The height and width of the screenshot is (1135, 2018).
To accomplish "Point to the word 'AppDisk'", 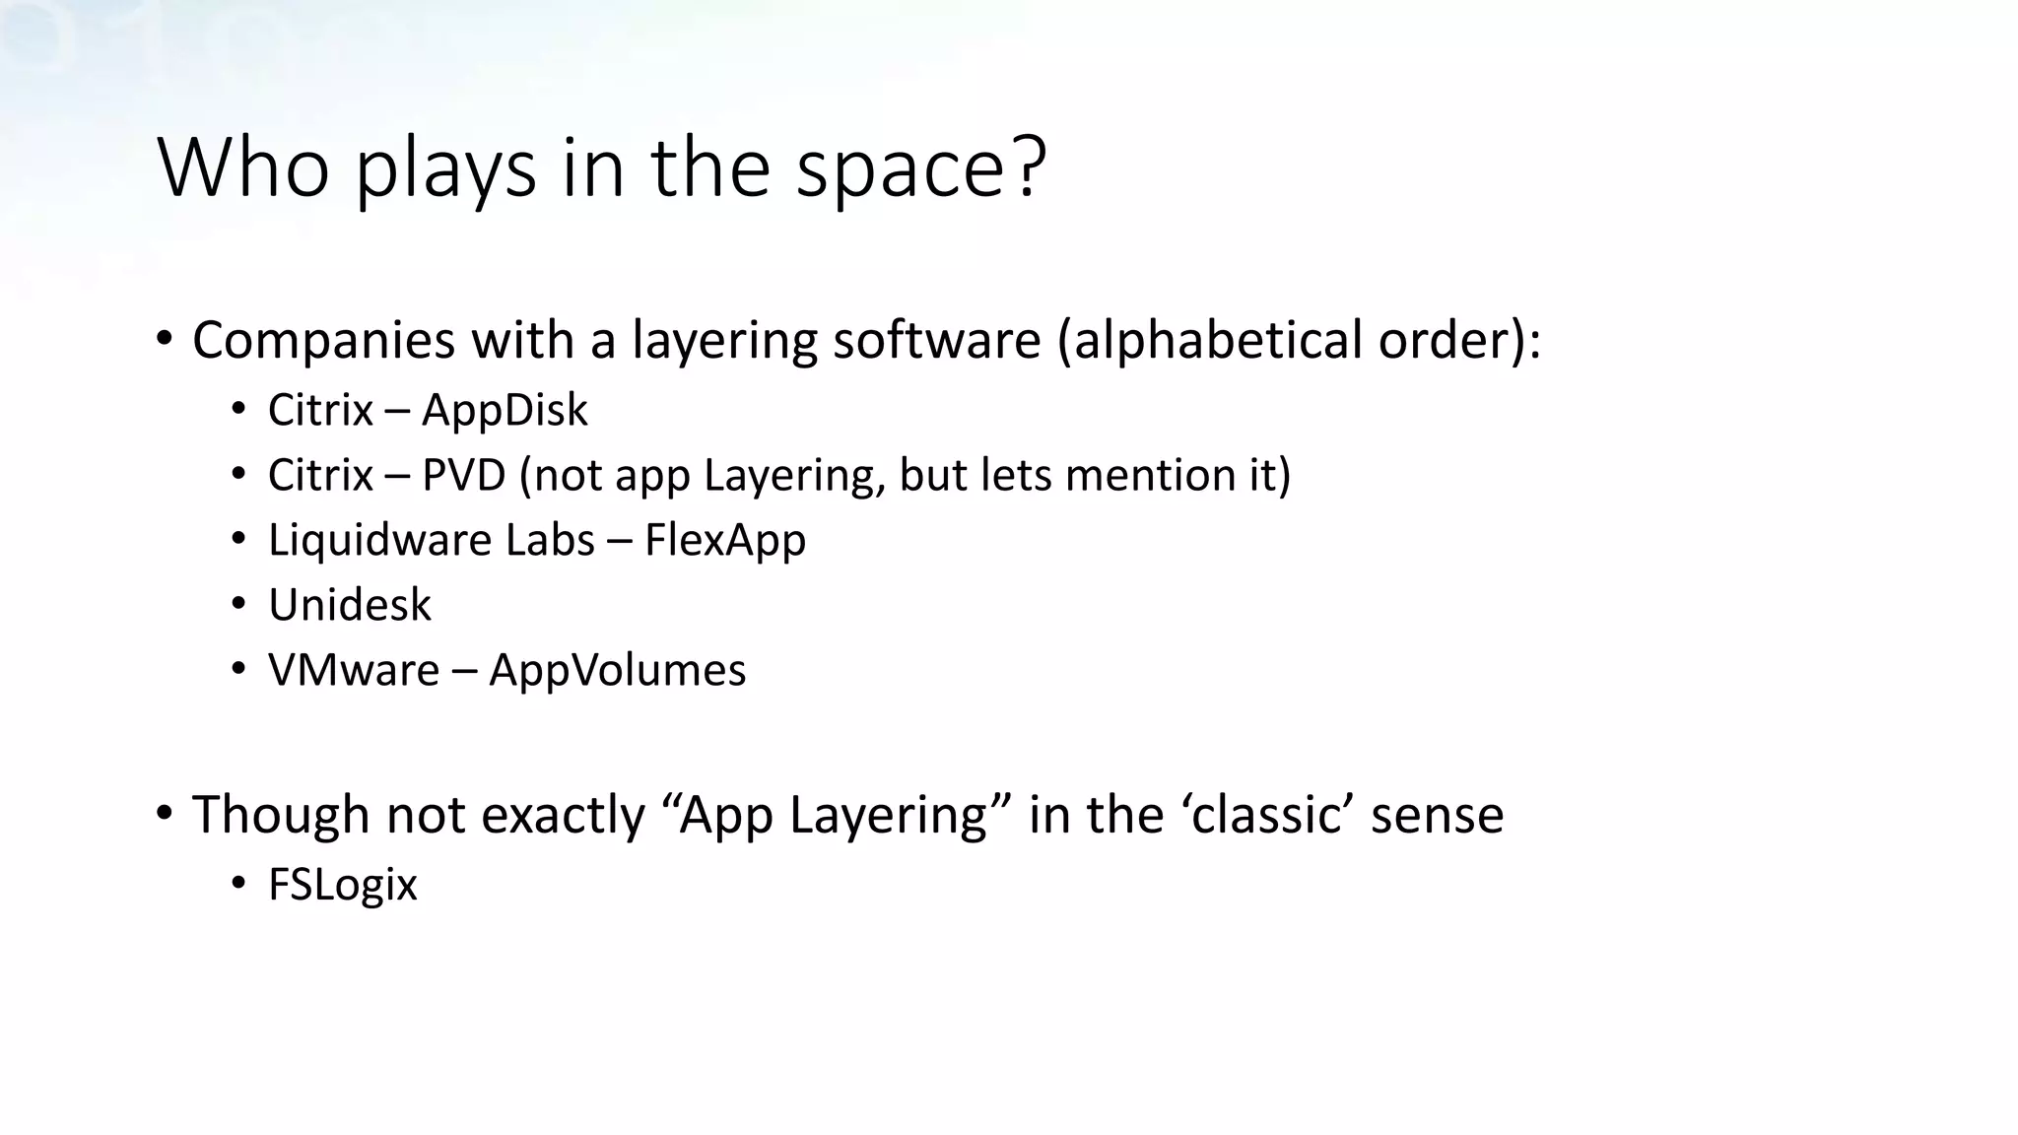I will [504, 410].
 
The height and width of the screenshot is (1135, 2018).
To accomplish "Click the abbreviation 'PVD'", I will [463, 475].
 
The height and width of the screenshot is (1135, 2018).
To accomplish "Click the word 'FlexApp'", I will [725, 540].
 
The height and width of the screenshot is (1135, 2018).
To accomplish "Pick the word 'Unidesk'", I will [350, 605].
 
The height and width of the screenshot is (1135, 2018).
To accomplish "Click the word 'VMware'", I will [354, 670].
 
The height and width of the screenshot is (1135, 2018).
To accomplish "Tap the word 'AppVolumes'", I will [618, 670].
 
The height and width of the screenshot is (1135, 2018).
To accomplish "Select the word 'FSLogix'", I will [343, 885].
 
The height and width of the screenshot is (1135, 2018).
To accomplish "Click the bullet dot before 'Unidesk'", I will [238, 604].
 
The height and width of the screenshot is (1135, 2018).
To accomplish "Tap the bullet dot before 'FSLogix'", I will [238, 884].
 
